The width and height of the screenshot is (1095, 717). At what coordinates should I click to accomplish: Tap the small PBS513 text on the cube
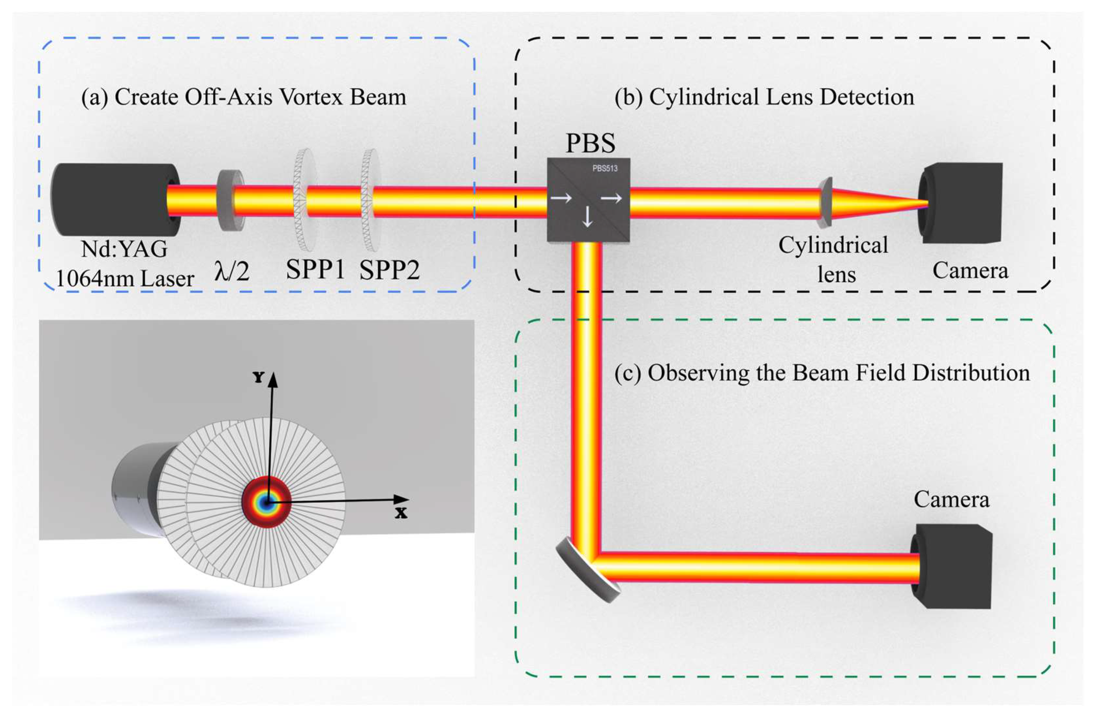605,168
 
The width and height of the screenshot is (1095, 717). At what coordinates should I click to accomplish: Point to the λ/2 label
232,271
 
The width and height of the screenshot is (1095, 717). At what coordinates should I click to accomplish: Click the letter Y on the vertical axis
259,378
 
